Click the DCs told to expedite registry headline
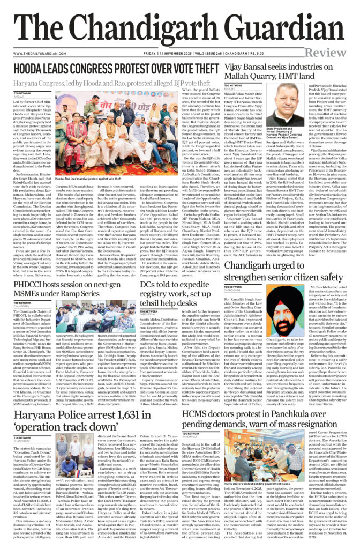[178, 292]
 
